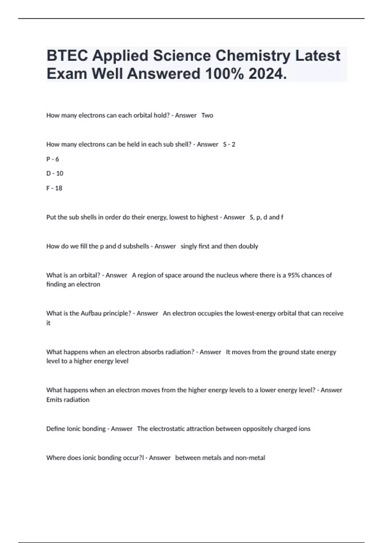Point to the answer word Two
(x=207, y=115)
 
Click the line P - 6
(x=53, y=159)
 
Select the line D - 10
(x=55, y=173)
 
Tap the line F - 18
(x=54, y=188)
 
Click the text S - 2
(x=229, y=144)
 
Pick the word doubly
(x=249, y=246)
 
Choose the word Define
(x=55, y=429)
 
